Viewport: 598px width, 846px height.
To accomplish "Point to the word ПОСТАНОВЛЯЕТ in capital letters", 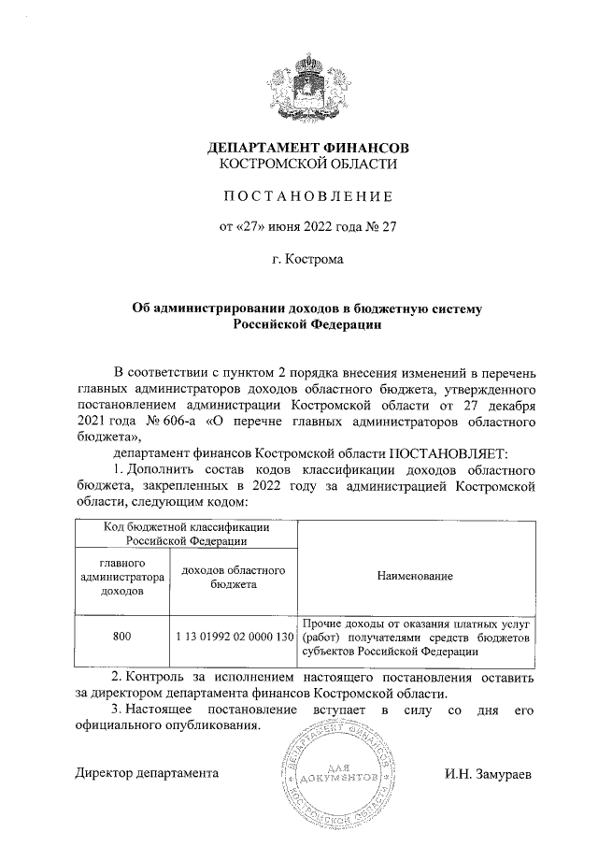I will [448, 452].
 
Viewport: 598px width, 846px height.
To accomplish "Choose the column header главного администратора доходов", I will [121, 578].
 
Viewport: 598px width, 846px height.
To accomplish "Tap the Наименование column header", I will [415, 578].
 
